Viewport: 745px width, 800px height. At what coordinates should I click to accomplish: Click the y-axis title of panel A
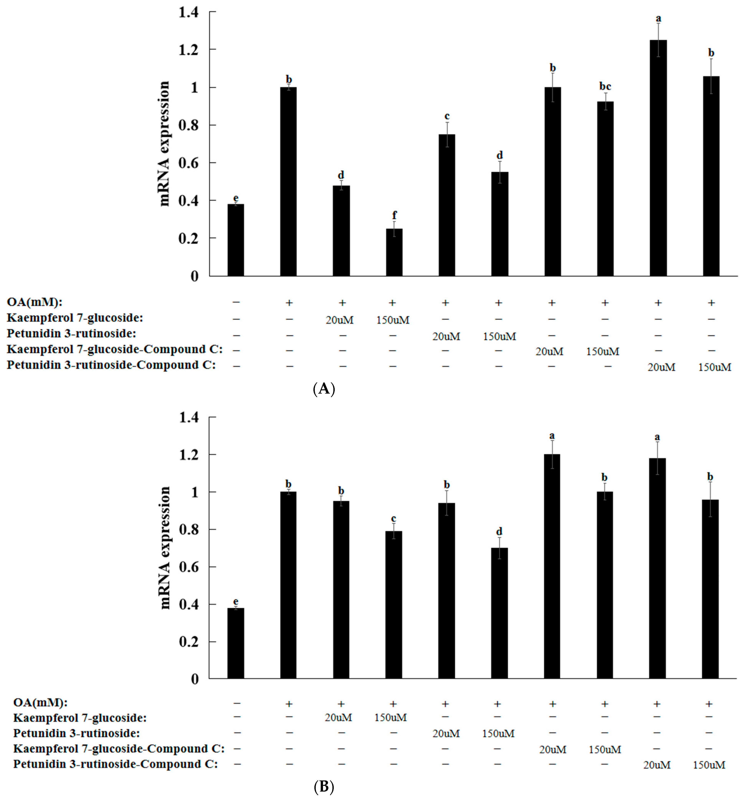point(164,144)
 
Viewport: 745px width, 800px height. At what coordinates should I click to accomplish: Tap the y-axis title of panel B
point(164,548)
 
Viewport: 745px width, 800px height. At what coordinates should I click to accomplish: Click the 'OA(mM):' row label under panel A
point(35,302)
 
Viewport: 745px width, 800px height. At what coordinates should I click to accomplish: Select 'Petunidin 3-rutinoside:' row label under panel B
point(77,733)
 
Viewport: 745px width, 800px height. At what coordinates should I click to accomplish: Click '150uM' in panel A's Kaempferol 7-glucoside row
point(393,320)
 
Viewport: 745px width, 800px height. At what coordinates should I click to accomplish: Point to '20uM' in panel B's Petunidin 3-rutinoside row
point(446,734)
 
